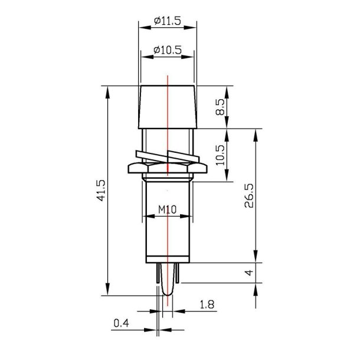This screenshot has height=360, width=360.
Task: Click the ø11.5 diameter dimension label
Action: pyautogui.click(x=166, y=21)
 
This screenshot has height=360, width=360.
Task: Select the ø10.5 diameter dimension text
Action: pyautogui.click(x=166, y=51)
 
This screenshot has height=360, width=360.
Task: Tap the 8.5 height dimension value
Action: pyautogui.click(x=220, y=107)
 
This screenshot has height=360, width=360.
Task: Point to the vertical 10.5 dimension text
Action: pyautogui.click(x=220, y=156)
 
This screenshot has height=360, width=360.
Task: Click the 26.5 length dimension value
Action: pyautogui.click(x=248, y=195)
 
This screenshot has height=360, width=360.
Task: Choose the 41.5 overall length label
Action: pyautogui.click(x=101, y=190)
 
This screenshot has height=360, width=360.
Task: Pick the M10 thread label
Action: pyautogui.click(x=168, y=210)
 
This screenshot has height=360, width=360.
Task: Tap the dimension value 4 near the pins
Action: pyautogui.click(x=248, y=273)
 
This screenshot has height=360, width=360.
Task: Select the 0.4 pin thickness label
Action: pyautogui.click(x=120, y=323)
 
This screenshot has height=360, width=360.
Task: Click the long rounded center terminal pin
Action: pyautogui.click(x=168, y=283)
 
